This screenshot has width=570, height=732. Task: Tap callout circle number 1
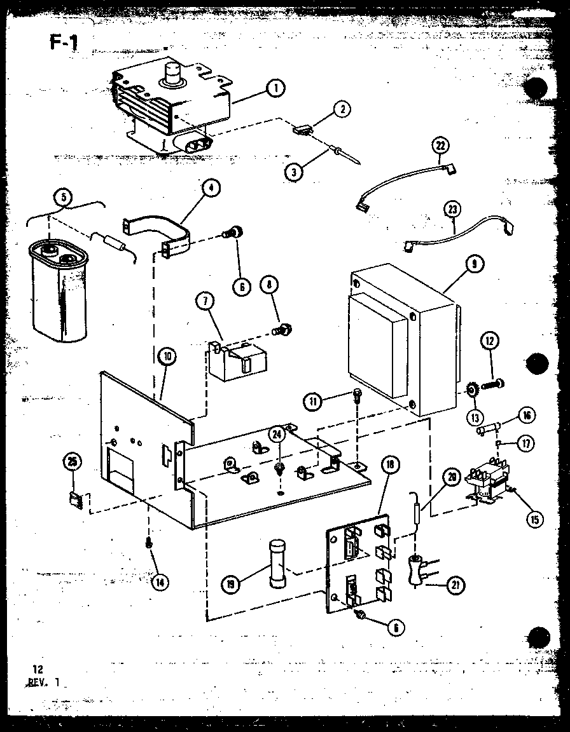[275, 89]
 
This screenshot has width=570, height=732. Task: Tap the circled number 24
[277, 435]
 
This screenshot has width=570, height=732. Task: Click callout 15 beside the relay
[534, 518]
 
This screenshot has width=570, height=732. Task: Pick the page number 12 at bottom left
[38, 668]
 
